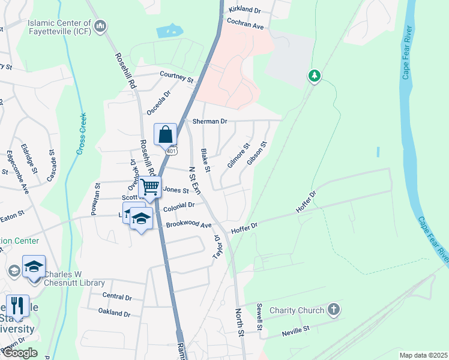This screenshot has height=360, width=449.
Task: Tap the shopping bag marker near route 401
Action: click(165, 134)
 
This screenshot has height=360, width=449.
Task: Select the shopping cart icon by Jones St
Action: click(150, 187)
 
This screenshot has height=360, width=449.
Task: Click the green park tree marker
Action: click(313, 76)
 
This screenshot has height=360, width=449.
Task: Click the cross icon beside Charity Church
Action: click(334, 310)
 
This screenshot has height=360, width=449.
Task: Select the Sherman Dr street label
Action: click(209, 121)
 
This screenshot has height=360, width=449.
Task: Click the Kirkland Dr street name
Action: click(245, 11)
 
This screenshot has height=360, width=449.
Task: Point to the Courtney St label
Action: click(176, 77)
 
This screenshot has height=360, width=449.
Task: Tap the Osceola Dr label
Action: click(160, 103)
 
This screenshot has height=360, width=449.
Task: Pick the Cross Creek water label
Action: click(80, 134)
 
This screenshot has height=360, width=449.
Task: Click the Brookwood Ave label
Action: click(189, 225)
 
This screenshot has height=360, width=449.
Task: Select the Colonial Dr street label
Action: click(179, 205)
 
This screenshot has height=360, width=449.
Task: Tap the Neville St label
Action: click(295, 329)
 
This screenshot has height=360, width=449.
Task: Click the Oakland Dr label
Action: click(115, 313)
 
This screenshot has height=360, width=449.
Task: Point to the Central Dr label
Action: click(117, 296)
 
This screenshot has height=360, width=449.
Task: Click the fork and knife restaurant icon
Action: click(17, 305)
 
